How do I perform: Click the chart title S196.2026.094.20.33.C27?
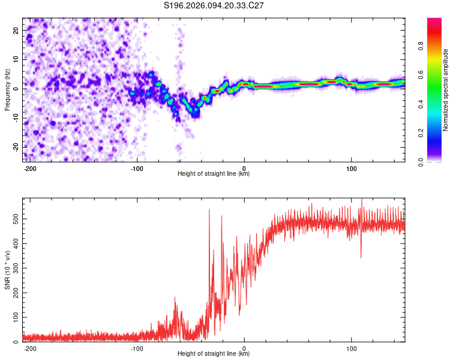point(214,5)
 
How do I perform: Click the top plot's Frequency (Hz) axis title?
point(7,89)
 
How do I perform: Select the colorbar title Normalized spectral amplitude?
point(446,89)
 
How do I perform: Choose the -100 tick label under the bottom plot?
point(137,349)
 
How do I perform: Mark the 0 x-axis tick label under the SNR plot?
point(244,349)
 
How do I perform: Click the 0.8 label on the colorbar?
point(421,46)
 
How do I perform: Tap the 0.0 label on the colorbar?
point(421,161)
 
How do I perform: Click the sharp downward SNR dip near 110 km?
point(361,257)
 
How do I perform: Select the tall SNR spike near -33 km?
point(209,210)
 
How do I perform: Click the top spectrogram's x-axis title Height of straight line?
point(214,174)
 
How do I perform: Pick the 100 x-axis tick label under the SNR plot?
point(351,349)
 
